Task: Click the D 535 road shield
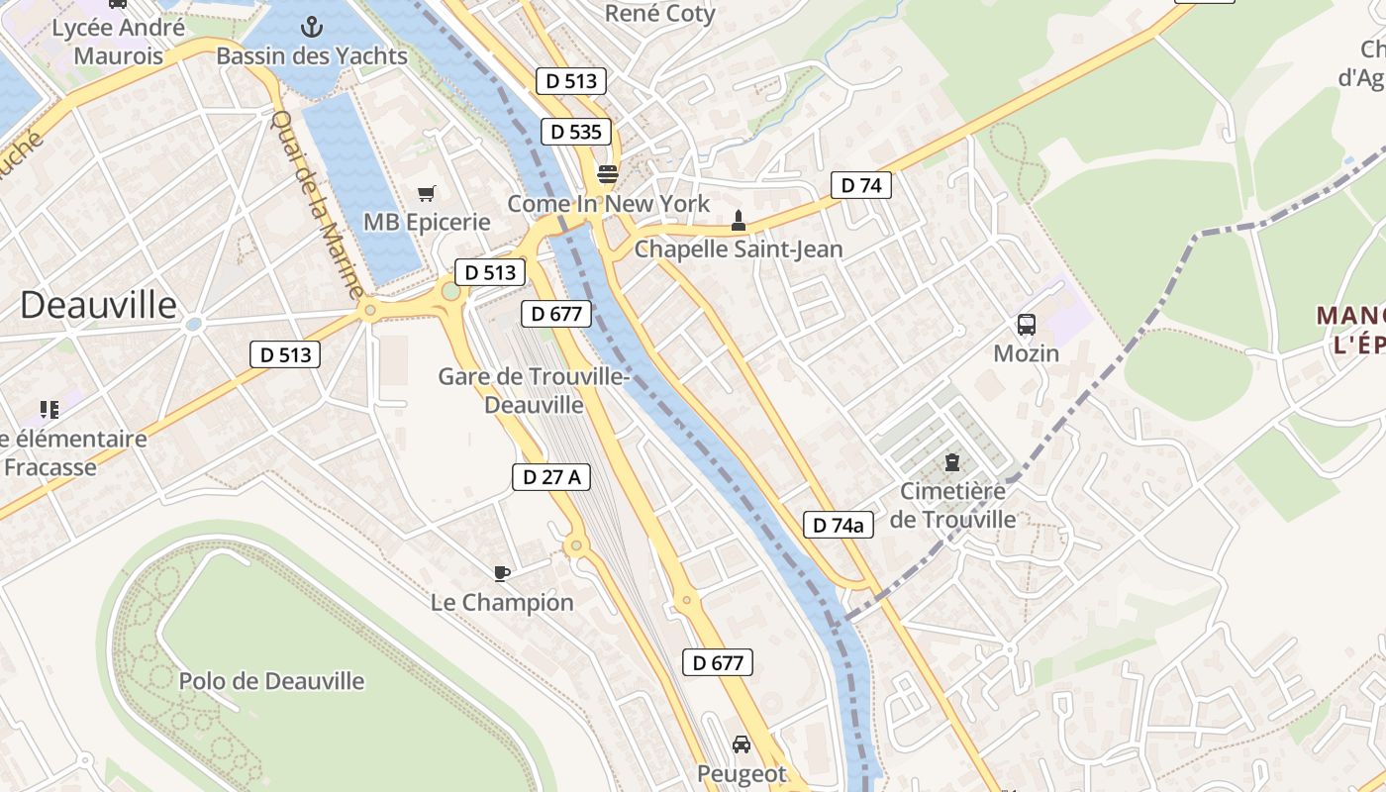[576, 132]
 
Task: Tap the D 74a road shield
[838, 525]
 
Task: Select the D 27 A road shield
[551, 476]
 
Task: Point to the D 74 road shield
[860, 185]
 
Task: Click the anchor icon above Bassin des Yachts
[312, 27]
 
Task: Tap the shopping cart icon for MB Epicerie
[427, 193]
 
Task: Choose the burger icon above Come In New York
[608, 175]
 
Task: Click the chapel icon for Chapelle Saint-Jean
[738, 221]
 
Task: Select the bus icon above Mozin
[1027, 325]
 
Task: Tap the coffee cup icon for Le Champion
[502, 573]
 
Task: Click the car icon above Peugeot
[742, 744]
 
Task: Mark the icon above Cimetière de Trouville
[952, 461]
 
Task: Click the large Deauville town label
[98, 304]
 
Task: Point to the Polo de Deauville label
[271, 681]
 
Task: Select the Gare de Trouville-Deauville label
[534, 390]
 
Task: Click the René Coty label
[659, 13]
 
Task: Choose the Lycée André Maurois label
[118, 42]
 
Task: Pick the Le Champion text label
[502, 602]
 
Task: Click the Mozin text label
[1027, 353]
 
